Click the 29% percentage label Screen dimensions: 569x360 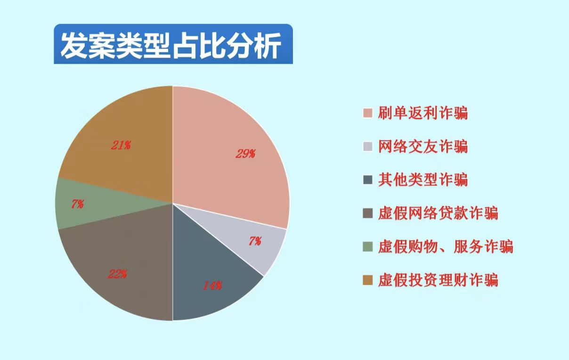coord(245,154)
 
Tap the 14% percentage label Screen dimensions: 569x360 coord(212,286)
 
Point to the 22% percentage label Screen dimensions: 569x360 coord(117,274)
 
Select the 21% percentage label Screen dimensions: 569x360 coord(121,145)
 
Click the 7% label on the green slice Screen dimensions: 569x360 coord(77,204)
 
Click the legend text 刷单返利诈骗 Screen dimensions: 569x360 coord(423,113)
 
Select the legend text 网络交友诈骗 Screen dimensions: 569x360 coord(423,147)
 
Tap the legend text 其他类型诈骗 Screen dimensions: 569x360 coord(423,180)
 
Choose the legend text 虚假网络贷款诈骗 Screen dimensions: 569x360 coord(438,213)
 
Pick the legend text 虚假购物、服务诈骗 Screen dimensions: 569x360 coord(446,247)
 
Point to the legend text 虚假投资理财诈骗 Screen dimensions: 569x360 coord(438,280)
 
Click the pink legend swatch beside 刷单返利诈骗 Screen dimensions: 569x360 coord(367,113)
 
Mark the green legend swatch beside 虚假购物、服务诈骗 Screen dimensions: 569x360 coord(367,247)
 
